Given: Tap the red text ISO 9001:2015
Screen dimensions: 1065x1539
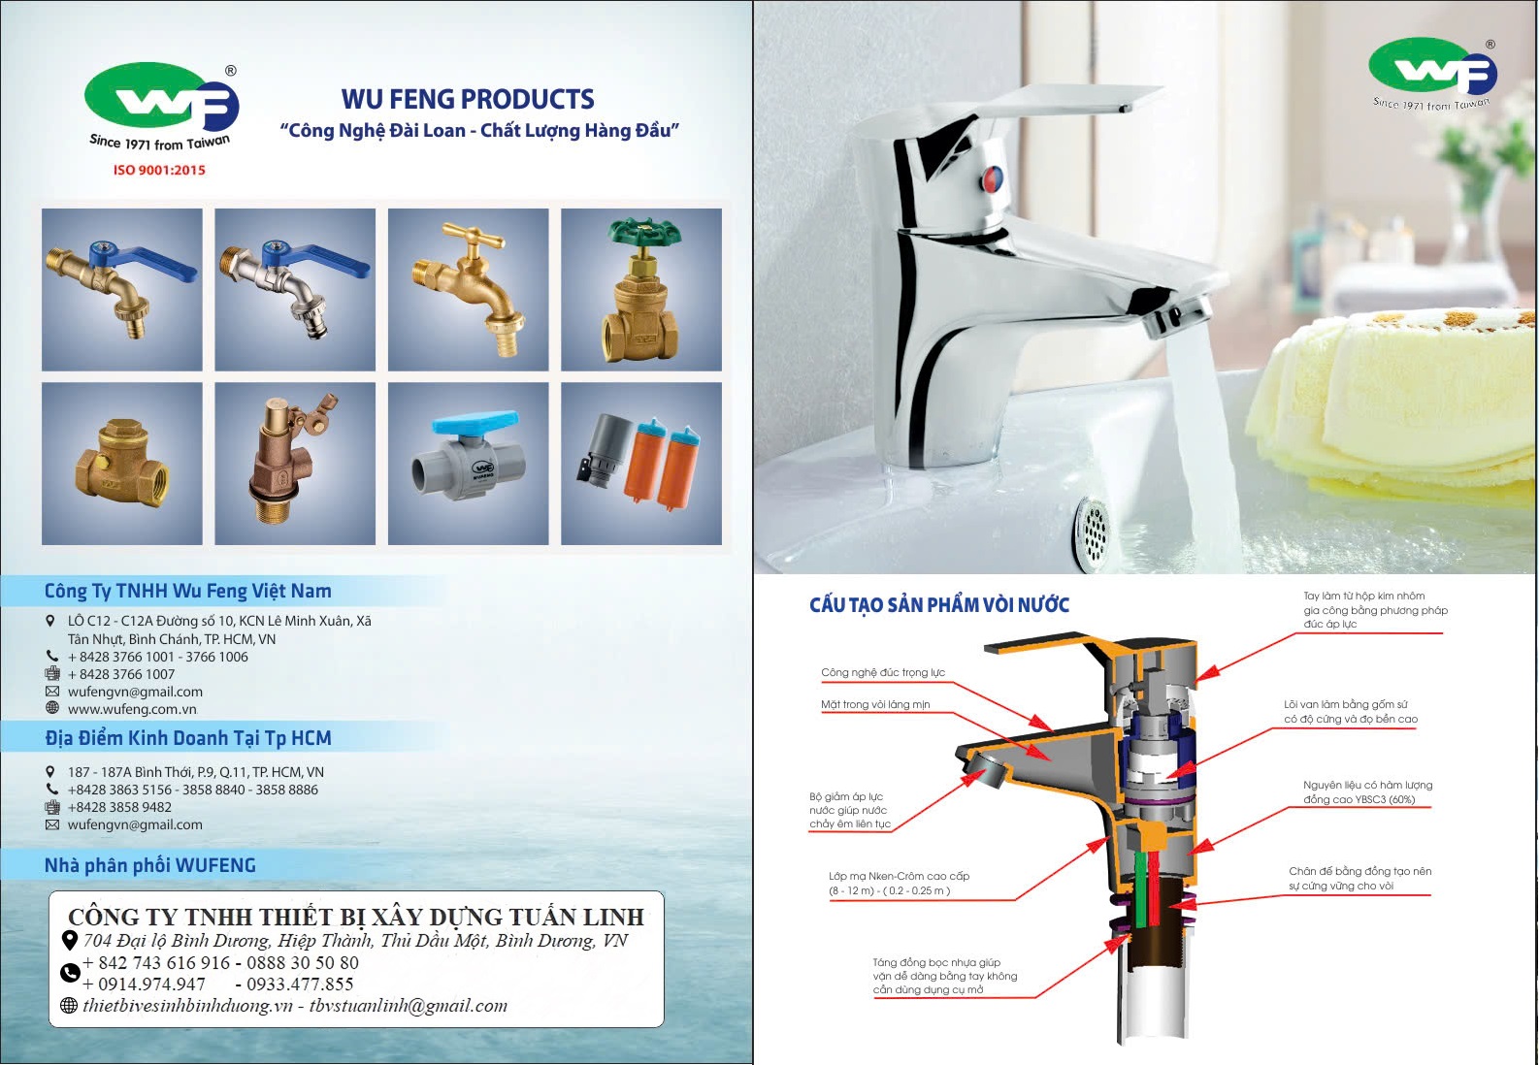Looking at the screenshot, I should pyautogui.click(x=159, y=170).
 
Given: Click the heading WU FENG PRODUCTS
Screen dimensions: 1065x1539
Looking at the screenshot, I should pyautogui.click(x=468, y=99).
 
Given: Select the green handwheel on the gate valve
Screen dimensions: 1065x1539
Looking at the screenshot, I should pyautogui.click(x=644, y=233).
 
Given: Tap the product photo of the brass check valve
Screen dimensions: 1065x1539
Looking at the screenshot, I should pyautogui.click(x=122, y=464).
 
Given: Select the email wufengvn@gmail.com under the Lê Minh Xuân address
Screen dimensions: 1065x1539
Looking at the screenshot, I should pyautogui.click(x=135, y=692).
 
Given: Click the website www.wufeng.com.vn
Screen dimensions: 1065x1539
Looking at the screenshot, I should pyautogui.click(x=132, y=709).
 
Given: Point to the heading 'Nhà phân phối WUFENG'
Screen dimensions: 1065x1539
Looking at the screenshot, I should pyautogui.click(x=150, y=865).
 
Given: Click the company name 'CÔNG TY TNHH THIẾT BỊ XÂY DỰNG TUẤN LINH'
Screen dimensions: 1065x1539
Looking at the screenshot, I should pyautogui.click(x=356, y=917).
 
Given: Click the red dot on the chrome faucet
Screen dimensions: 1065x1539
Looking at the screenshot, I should pyautogui.click(x=992, y=178).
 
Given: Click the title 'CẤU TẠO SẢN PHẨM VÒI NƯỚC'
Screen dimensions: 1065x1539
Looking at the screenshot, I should pyautogui.click(x=939, y=605).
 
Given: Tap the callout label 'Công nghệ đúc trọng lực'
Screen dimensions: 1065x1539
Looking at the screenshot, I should pyautogui.click(x=883, y=672).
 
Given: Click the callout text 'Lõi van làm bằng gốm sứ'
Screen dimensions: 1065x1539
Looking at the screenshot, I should pyautogui.click(x=1346, y=705).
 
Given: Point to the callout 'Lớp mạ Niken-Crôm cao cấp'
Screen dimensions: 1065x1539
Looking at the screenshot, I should pyautogui.click(x=899, y=876).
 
